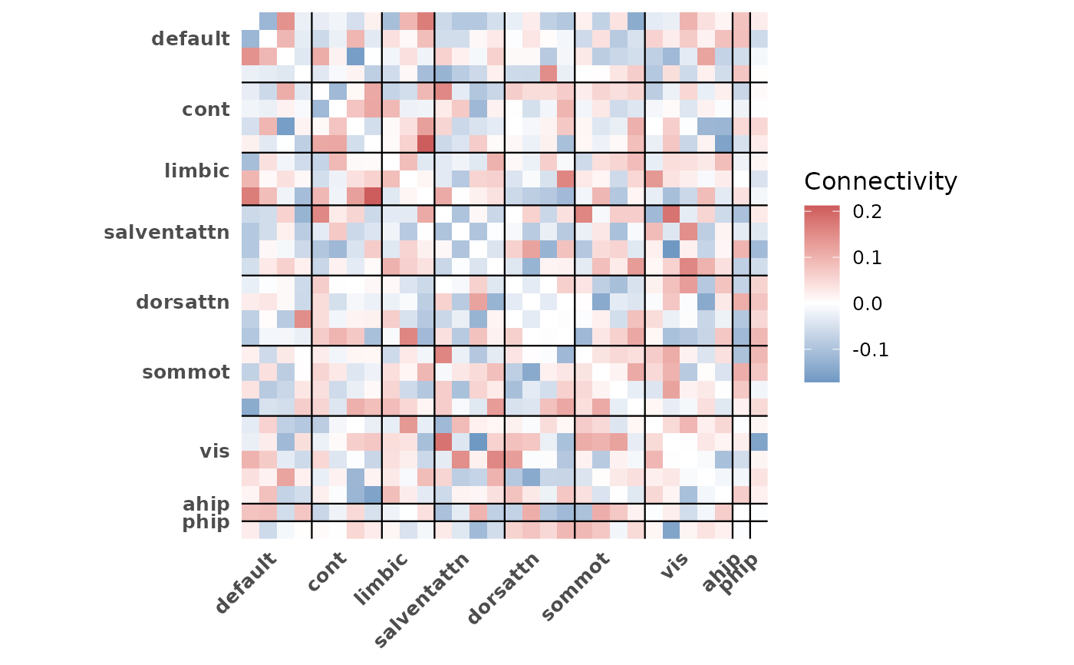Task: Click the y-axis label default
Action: pos(190,38)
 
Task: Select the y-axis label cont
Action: pos(206,109)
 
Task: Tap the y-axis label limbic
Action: pos(196,170)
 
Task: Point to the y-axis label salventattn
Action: pos(166,231)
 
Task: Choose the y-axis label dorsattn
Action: pos(183,302)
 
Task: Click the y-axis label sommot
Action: pos(186,372)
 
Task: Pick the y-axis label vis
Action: pos(214,451)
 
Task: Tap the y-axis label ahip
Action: pos(206,504)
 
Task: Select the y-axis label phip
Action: pos(206,522)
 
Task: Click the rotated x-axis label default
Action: pos(246,584)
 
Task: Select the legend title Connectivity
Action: pos(881,181)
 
